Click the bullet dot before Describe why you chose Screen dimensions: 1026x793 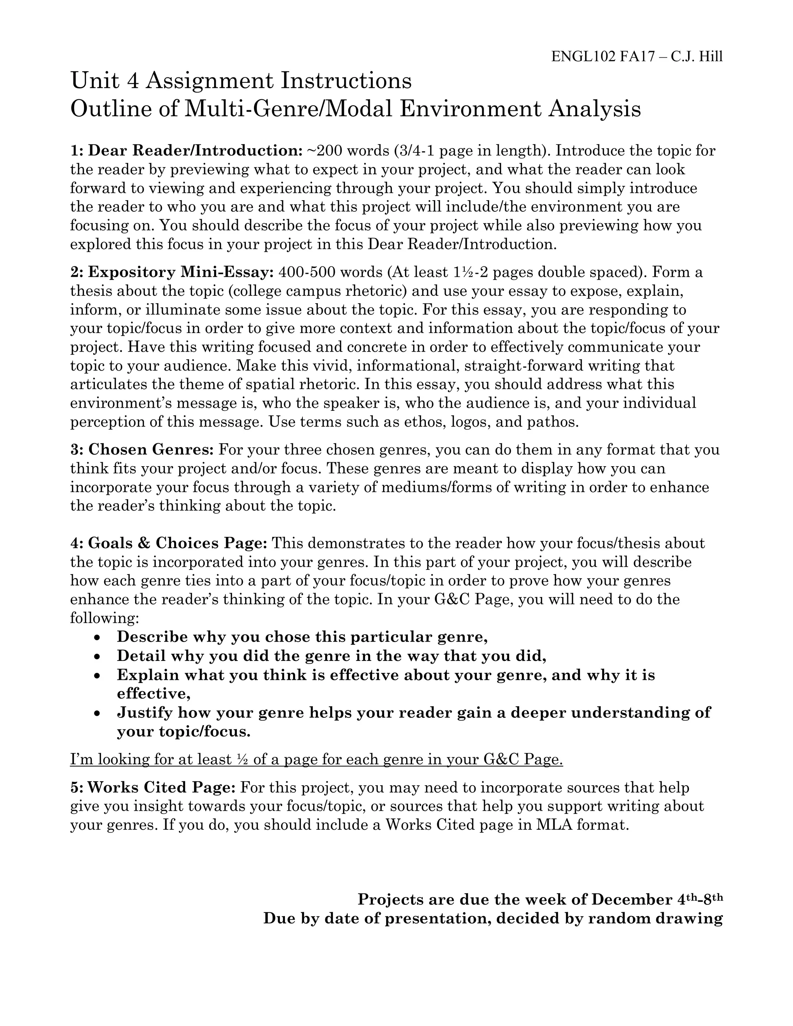tap(97, 638)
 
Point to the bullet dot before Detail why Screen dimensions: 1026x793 tap(97, 656)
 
